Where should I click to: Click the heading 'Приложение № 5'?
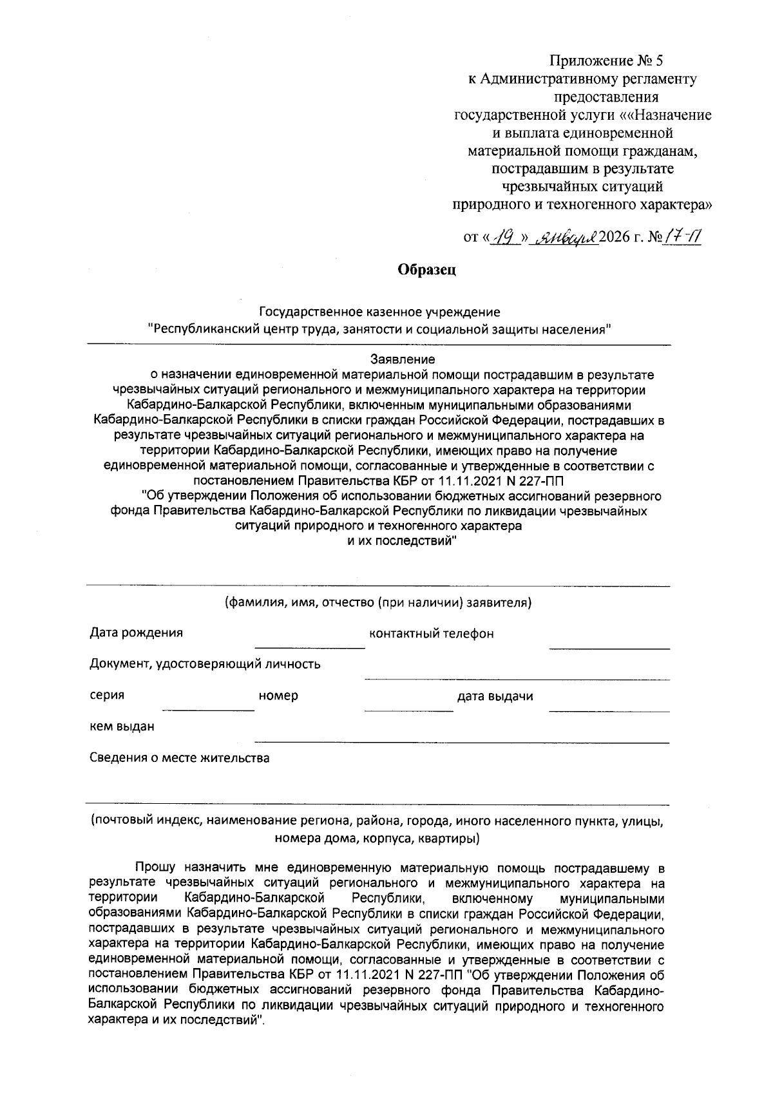606,61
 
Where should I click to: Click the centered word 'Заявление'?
403,359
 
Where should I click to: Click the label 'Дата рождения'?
136,632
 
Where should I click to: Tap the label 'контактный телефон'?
431,634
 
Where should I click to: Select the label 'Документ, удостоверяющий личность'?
205,664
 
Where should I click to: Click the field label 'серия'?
107,696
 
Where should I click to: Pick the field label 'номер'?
278,696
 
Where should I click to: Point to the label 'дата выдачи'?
495,696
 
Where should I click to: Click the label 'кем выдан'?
122,727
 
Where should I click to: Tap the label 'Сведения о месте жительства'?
179,758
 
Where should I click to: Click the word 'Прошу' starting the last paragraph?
155,868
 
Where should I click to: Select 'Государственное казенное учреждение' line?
379,312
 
